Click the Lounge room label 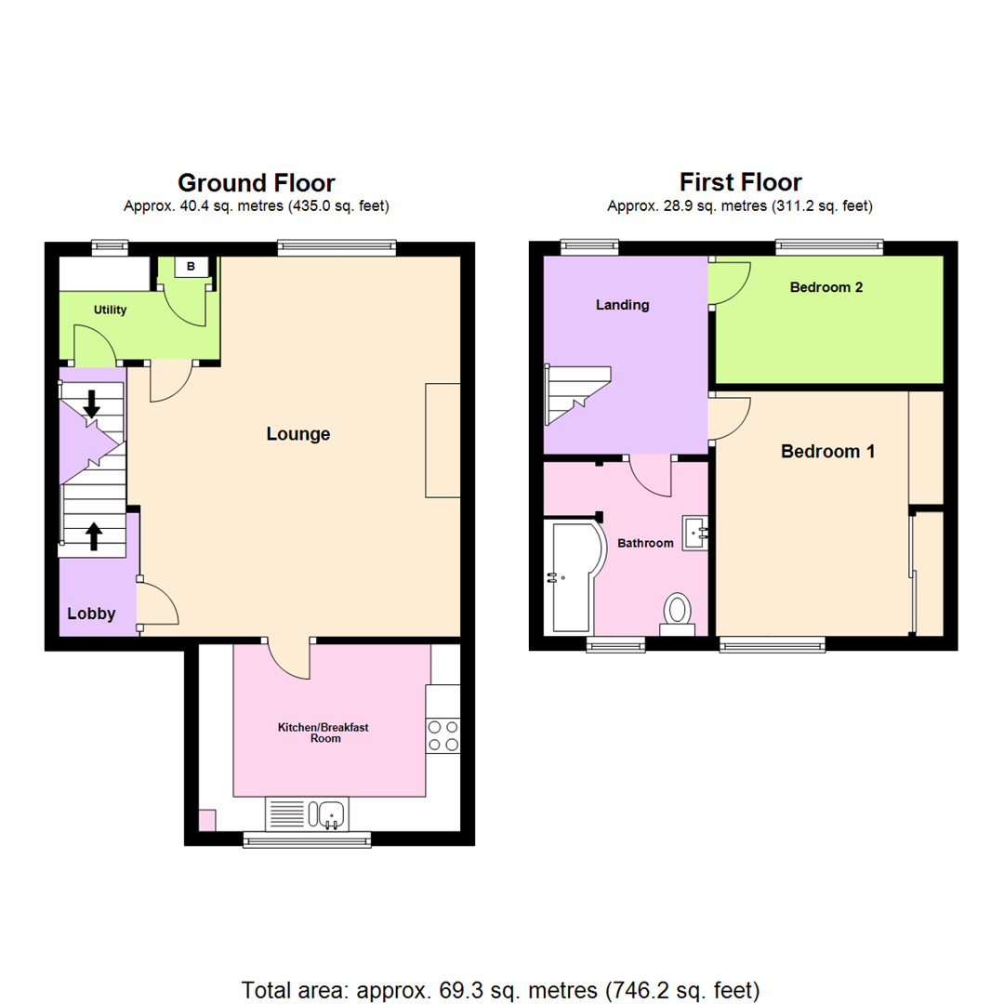(297, 433)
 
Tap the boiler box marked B (192, 267)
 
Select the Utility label (110, 310)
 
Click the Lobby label (91, 614)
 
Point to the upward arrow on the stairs (94, 535)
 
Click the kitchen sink (331, 814)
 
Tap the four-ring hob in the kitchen (443, 735)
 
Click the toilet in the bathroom (679, 613)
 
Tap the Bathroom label (645, 543)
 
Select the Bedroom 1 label (827, 452)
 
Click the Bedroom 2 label (826, 287)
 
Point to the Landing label (622, 305)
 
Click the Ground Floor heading (257, 182)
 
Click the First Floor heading (740, 181)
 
